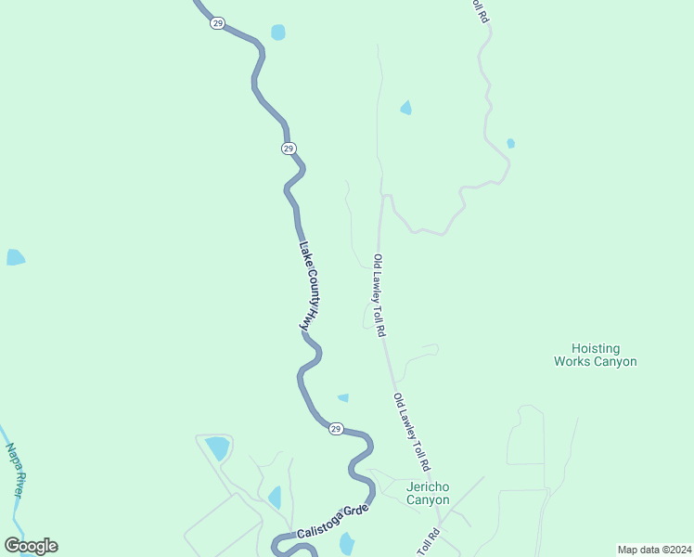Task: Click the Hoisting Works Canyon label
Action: [x=595, y=355]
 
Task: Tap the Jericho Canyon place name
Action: [x=428, y=493]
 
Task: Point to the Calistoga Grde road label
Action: [x=333, y=523]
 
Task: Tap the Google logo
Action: [x=31, y=546]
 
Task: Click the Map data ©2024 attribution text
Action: [x=653, y=550]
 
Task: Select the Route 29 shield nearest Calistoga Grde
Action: [x=336, y=428]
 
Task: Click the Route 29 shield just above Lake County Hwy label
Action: [x=289, y=149]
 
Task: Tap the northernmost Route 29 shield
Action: [x=216, y=23]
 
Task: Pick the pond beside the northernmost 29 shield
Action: [x=278, y=32]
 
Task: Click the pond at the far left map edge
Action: [x=15, y=257]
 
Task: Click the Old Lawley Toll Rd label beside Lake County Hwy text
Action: [x=379, y=295]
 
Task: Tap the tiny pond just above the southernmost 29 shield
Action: [x=343, y=398]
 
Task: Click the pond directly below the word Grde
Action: [x=347, y=544]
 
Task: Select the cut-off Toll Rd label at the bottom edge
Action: [x=430, y=543]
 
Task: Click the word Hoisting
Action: [x=595, y=347]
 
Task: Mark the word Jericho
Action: [x=428, y=486]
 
